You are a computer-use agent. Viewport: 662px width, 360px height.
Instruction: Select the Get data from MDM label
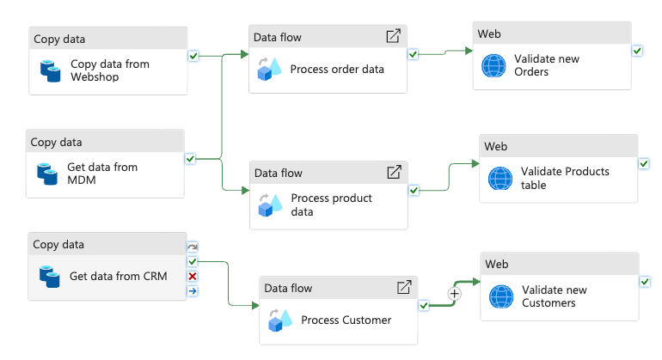pyautogui.click(x=102, y=173)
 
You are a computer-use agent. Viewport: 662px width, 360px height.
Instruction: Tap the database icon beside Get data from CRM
pyautogui.click(x=50, y=276)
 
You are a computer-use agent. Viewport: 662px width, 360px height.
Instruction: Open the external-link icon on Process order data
pyautogui.click(x=393, y=37)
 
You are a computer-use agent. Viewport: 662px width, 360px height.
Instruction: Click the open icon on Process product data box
pyautogui.click(x=394, y=173)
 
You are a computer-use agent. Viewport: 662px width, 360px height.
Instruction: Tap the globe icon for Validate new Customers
pyautogui.click(x=500, y=296)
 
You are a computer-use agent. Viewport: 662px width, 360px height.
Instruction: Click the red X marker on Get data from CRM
pyautogui.click(x=193, y=276)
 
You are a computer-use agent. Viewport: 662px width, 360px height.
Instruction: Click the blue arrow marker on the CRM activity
pyautogui.click(x=193, y=290)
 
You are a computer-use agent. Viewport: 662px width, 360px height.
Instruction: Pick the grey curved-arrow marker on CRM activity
pyautogui.click(x=193, y=247)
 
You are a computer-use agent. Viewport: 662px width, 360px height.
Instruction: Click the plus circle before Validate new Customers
pyautogui.click(x=455, y=294)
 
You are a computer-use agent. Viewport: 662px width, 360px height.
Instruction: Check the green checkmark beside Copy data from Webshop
pyautogui.click(x=193, y=55)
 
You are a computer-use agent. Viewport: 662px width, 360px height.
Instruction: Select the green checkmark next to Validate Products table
pyautogui.click(x=644, y=163)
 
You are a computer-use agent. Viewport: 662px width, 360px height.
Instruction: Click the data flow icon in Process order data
pyautogui.click(x=269, y=70)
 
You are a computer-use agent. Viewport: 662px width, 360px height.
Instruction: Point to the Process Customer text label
pyautogui.click(x=346, y=320)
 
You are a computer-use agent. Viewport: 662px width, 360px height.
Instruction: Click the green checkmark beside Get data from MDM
pyautogui.click(x=190, y=158)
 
